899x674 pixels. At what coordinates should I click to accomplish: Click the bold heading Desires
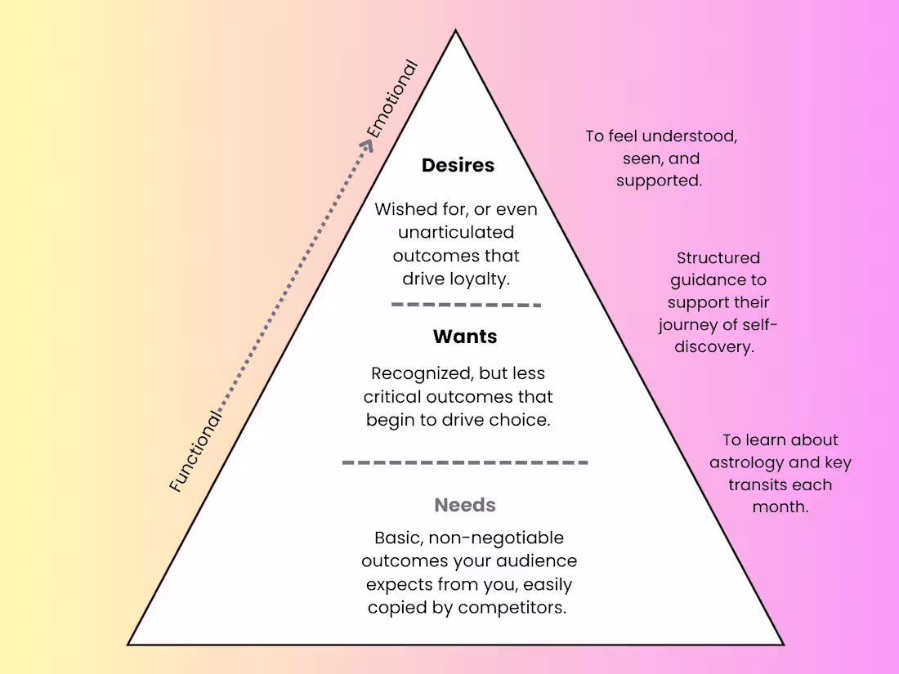click(x=458, y=165)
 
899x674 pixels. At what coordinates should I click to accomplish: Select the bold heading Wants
click(x=465, y=337)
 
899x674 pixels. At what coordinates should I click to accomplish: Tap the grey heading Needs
click(x=465, y=505)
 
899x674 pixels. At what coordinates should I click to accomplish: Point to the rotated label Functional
click(x=196, y=450)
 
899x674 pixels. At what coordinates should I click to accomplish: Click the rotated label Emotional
click(x=391, y=100)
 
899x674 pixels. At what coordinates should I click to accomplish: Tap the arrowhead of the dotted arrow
click(x=367, y=145)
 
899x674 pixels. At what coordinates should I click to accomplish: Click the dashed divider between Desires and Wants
click(x=466, y=305)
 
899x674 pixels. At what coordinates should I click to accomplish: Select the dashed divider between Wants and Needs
click(x=465, y=462)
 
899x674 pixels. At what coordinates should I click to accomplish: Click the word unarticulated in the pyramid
click(x=456, y=232)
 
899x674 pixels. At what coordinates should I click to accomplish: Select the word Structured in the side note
click(x=718, y=258)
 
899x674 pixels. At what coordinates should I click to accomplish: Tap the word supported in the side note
click(x=659, y=181)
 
